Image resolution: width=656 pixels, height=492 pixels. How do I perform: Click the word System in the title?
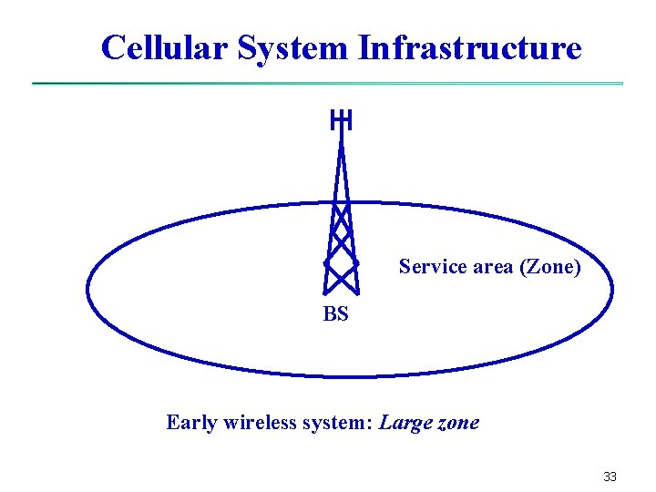(x=292, y=47)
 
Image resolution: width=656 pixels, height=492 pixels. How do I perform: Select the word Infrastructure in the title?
(x=470, y=47)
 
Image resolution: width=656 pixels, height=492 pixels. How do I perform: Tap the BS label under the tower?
(x=335, y=315)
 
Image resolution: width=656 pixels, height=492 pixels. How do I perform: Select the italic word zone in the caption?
(x=455, y=423)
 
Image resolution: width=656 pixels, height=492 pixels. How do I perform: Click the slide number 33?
(x=610, y=477)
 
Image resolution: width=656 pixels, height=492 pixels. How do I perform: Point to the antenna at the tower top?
(x=341, y=119)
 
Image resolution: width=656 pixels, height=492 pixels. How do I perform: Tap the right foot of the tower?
(x=358, y=292)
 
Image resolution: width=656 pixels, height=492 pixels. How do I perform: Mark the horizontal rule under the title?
(x=328, y=84)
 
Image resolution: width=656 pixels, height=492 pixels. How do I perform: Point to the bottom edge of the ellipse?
(x=350, y=375)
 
